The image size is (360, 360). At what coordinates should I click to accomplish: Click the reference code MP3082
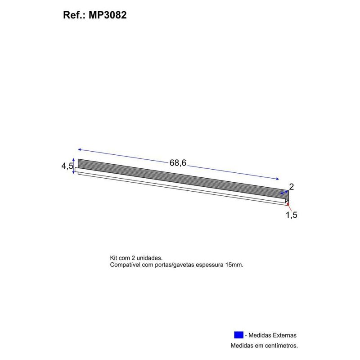click(108, 15)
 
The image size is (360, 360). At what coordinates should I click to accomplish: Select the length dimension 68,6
click(178, 163)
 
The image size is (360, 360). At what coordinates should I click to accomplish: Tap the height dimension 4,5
click(67, 166)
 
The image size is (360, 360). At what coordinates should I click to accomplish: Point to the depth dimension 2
click(292, 186)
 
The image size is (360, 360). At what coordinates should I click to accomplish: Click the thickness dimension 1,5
click(292, 215)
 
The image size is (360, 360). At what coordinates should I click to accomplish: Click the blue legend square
click(238, 335)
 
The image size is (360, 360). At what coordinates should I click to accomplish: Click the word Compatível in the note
click(126, 265)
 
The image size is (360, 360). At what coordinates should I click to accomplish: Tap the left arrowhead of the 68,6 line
click(79, 149)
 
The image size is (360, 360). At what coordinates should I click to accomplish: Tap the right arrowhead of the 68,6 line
click(278, 179)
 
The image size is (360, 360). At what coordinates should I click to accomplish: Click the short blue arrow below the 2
click(284, 192)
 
